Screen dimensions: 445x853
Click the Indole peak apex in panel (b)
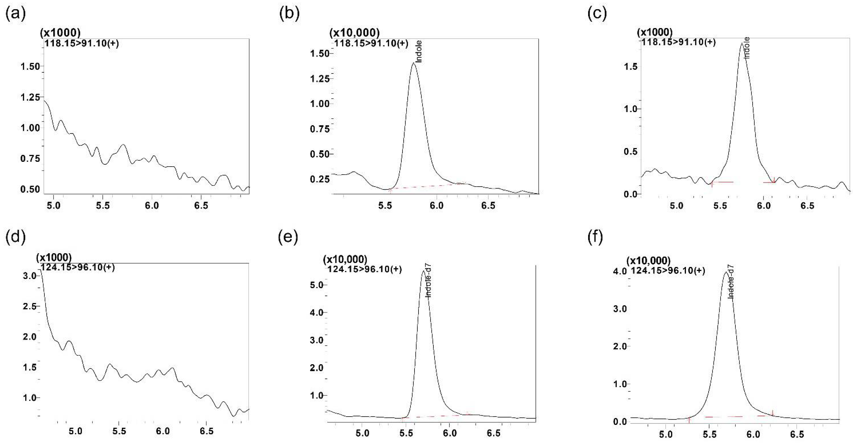coord(413,63)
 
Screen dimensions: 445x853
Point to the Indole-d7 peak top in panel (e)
coord(423,271)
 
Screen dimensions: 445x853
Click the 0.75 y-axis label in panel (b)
coord(320,129)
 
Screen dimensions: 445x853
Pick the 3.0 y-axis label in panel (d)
coord(29,276)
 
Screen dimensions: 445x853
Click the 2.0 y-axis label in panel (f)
coord(619,346)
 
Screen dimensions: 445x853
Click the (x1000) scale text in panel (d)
coord(54,257)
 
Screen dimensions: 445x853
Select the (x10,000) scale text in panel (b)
coord(354,33)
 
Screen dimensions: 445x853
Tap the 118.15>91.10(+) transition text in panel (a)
coord(81,43)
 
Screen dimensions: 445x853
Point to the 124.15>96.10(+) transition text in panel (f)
coord(668,271)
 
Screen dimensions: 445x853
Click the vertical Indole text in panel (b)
coord(419,51)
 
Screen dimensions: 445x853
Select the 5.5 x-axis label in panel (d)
coord(119,431)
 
